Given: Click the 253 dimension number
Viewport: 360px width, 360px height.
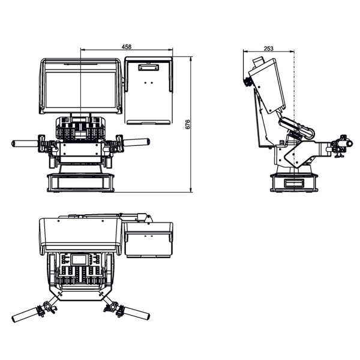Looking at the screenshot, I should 269,49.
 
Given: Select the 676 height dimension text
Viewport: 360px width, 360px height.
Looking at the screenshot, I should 187,125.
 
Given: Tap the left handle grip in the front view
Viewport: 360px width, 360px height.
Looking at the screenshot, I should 25,143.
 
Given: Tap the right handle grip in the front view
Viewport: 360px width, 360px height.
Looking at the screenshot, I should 136,142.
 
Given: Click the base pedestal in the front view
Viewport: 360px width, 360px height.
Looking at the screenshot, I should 80,181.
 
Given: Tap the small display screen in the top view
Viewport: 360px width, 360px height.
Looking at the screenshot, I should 80,260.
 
